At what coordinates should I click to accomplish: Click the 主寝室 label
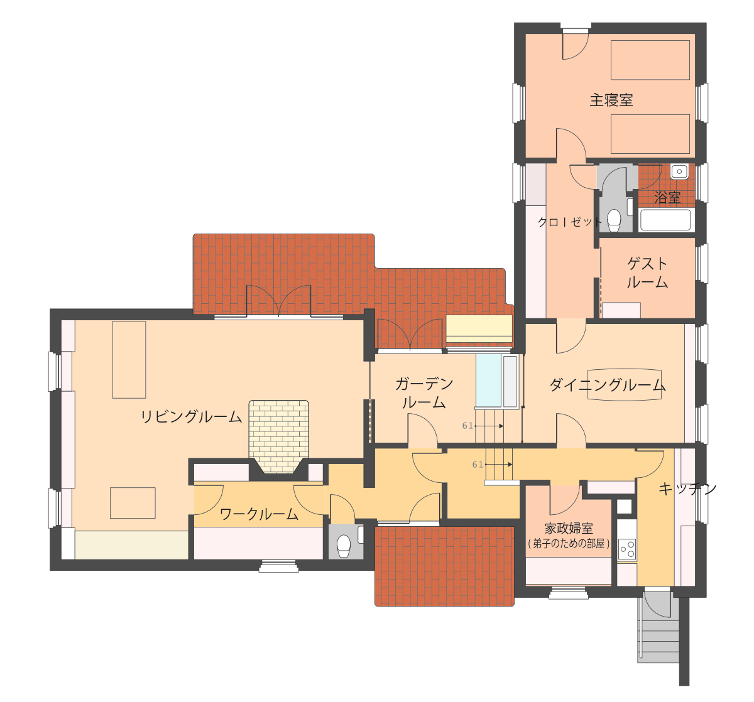[x=611, y=100]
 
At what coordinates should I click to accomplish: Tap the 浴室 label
[x=667, y=198]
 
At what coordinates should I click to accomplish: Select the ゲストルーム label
[x=647, y=273]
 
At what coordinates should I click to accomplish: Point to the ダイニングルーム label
[x=608, y=385]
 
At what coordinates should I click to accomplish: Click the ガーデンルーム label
[x=424, y=393]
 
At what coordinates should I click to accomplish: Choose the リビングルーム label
[x=192, y=417]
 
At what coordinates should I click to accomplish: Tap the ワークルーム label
[x=259, y=514]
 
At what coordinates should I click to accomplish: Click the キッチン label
[x=687, y=489]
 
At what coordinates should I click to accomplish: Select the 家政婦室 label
[x=569, y=528]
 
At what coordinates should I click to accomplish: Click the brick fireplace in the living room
[x=279, y=436]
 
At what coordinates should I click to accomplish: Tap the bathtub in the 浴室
[x=665, y=220]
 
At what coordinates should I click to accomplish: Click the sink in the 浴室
[x=679, y=171]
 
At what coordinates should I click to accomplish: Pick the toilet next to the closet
[x=614, y=220]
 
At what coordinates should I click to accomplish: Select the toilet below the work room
[x=344, y=546]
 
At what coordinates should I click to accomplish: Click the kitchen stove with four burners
[x=627, y=549]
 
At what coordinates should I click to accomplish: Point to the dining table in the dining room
[x=624, y=385]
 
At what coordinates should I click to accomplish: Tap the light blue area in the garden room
[x=489, y=381]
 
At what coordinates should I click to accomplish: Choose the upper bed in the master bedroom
[x=650, y=60]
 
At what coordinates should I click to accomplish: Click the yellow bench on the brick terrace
[x=479, y=328]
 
